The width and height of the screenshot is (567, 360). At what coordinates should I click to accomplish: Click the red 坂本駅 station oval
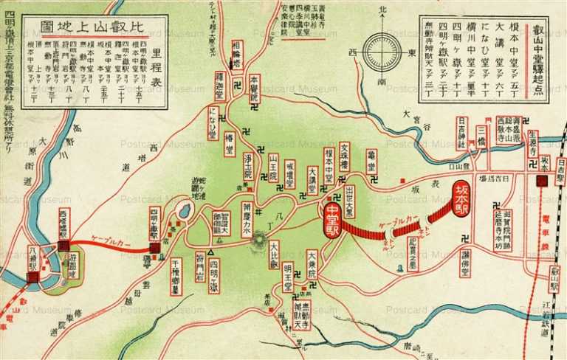click(x=461, y=200)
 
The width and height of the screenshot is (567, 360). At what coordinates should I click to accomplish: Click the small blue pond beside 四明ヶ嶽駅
click(x=184, y=212)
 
